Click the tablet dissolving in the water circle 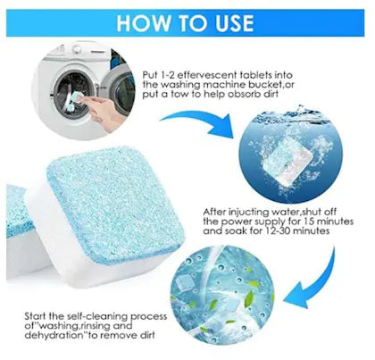pos(288,162)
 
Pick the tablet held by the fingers pos(75,100)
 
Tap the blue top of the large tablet pos(114,204)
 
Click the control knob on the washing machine pos(78,49)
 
